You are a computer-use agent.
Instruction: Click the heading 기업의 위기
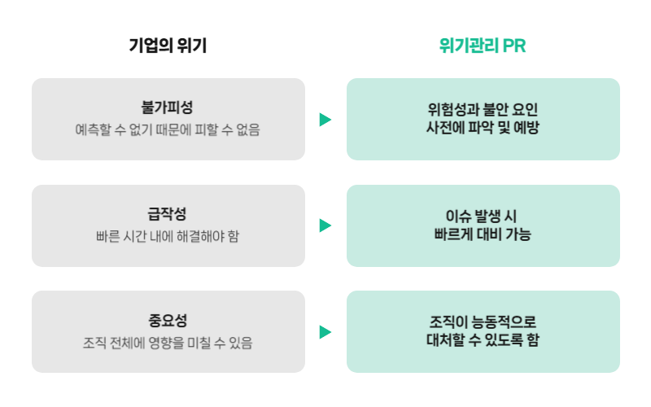click(x=168, y=46)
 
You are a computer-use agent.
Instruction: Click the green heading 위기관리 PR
click(x=483, y=46)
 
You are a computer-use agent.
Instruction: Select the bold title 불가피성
click(x=167, y=107)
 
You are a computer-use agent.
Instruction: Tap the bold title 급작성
click(x=167, y=214)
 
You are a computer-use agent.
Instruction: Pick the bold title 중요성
click(x=168, y=320)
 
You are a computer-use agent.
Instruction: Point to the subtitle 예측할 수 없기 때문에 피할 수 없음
click(x=168, y=129)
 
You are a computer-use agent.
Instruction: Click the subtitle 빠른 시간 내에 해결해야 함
click(x=168, y=236)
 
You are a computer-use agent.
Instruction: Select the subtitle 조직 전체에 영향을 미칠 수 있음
click(x=168, y=343)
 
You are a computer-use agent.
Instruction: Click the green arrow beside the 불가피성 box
click(x=325, y=120)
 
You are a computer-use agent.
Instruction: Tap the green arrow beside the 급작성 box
click(x=325, y=225)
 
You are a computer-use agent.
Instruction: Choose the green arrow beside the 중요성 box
click(x=325, y=332)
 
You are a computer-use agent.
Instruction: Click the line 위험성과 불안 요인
click(x=483, y=110)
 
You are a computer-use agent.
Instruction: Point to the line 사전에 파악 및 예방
click(x=483, y=127)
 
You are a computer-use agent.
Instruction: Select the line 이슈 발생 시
click(x=481, y=216)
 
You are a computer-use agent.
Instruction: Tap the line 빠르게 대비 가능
click(x=483, y=234)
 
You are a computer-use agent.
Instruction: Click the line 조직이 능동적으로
click(x=483, y=322)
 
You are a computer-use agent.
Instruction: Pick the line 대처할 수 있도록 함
click(x=483, y=339)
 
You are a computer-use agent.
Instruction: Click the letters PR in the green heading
click(x=514, y=46)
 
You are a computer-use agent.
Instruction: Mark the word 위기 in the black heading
click(x=191, y=46)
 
